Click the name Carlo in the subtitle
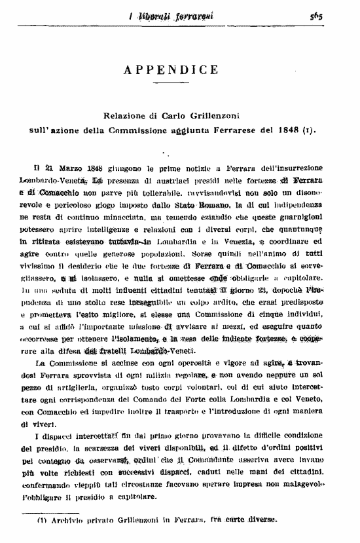pos(172,114)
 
